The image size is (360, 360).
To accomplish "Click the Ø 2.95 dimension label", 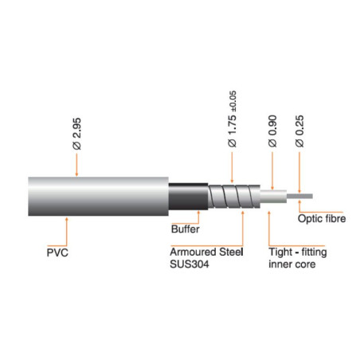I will (75, 135).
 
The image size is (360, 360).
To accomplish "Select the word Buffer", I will (186, 229).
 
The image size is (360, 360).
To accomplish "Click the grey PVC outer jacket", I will (96, 194).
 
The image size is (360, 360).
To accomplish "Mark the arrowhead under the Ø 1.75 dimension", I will (233, 179).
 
